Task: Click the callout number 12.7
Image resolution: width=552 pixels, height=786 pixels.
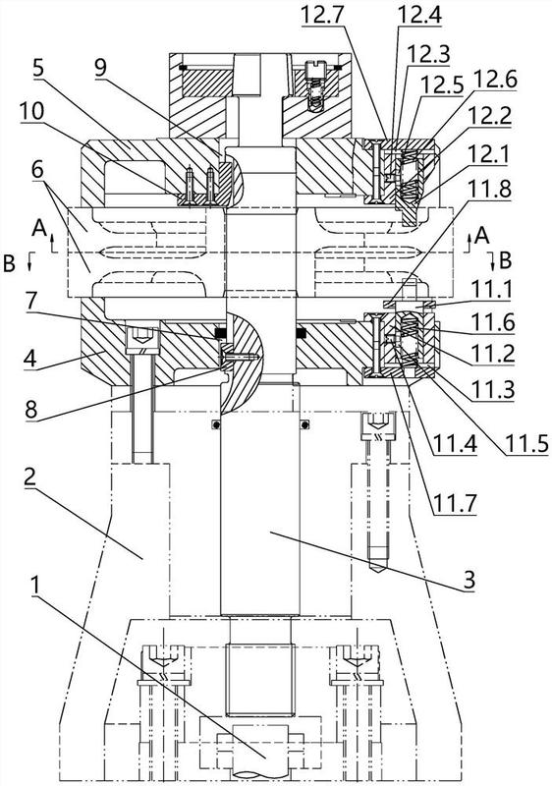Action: tap(322, 15)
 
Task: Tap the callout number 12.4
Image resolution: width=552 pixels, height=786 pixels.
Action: tap(419, 15)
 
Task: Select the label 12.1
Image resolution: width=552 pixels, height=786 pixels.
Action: tap(488, 154)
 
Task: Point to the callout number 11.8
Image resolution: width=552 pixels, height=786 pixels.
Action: tap(488, 190)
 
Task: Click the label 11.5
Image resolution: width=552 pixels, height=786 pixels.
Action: tap(526, 443)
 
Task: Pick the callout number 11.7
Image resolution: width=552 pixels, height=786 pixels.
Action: tap(455, 502)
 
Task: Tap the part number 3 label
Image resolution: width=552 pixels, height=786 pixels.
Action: tap(469, 581)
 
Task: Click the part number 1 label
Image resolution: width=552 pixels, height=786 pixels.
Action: tap(34, 586)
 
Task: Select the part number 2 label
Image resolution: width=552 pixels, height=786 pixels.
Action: tap(30, 477)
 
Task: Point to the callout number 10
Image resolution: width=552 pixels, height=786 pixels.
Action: tap(32, 112)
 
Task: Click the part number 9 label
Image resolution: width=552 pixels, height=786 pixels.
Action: tap(101, 67)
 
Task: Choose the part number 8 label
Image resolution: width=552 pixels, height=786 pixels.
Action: tap(30, 409)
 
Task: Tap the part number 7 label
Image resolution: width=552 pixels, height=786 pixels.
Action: tap(30, 301)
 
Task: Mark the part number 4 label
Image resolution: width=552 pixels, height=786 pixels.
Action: tap(30, 360)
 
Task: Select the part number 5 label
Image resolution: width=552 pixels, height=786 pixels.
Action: tap(38, 68)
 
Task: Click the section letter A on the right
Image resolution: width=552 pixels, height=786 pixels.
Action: tap(481, 235)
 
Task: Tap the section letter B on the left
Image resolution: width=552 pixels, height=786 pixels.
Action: tap(9, 263)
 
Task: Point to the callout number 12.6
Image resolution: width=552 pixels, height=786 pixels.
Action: tap(495, 80)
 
